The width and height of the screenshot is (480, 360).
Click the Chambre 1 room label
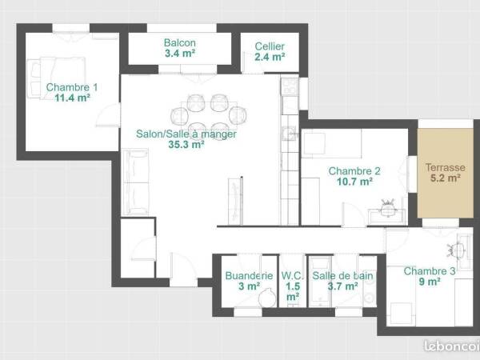point(72,87)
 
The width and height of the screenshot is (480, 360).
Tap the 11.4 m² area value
point(72,98)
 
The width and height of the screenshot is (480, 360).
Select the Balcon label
point(180,43)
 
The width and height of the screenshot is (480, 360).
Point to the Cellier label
point(270,46)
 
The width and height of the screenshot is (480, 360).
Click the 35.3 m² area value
point(186,144)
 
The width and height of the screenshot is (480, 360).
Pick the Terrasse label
point(445,167)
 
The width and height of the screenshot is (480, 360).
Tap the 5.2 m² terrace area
point(446,178)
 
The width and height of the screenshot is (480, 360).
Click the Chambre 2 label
point(354,171)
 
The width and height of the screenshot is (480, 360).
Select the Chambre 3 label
point(430,271)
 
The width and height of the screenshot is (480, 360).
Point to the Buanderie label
point(249,275)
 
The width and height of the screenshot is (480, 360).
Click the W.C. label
point(292,275)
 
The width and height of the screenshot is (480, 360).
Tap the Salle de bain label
point(342,275)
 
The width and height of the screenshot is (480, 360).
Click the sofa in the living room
point(135,182)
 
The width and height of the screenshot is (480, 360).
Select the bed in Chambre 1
point(56,78)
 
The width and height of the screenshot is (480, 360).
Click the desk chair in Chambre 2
point(388,208)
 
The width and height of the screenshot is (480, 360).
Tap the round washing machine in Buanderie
point(267,298)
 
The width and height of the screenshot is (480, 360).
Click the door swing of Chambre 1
point(108,115)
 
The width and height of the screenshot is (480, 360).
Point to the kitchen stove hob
point(290,86)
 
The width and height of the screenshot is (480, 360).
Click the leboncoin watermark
point(452,346)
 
